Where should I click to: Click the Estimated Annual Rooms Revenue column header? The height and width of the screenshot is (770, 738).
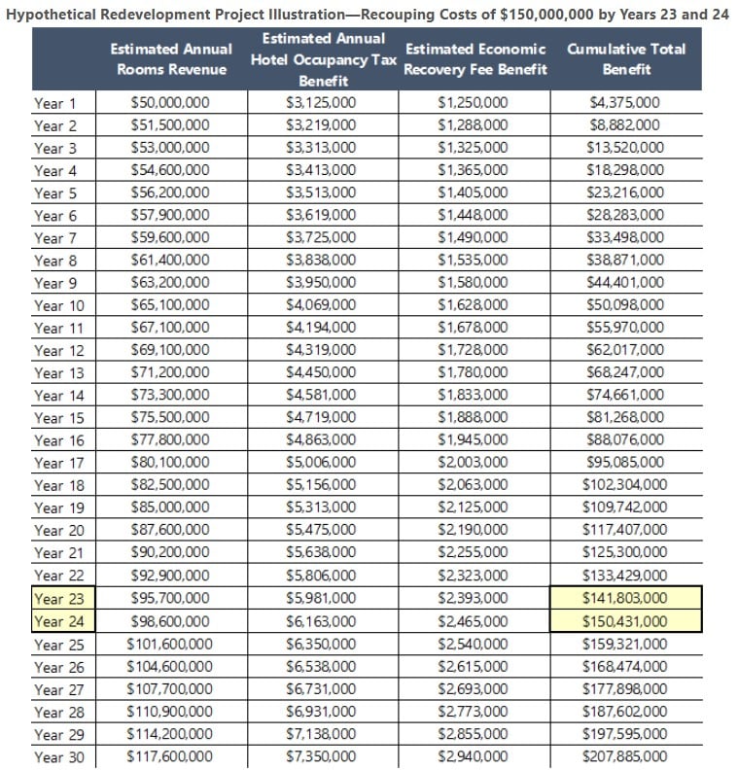[x=171, y=58]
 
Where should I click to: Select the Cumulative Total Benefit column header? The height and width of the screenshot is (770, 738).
[x=626, y=58]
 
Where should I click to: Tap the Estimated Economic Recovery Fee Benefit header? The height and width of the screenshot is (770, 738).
[x=474, y=58]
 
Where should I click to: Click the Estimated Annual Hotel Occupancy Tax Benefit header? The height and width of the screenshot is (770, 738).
[x=323, y=59]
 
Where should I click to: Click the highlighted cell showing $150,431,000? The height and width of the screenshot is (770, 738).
[x=625, y=621]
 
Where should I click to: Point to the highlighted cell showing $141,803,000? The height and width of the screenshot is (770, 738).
[x=625, y=599]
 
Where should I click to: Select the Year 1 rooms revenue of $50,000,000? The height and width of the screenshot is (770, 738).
[x=170, y=103]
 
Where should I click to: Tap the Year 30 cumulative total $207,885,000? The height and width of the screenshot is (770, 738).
[x=625, y=756]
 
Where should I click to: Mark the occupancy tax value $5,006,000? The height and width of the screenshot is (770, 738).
[x=322, y=463]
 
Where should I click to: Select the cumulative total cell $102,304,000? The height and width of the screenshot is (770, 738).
[x=625, y=485]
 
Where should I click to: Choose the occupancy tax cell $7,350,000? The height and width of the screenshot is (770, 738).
[x=322, y=756]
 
